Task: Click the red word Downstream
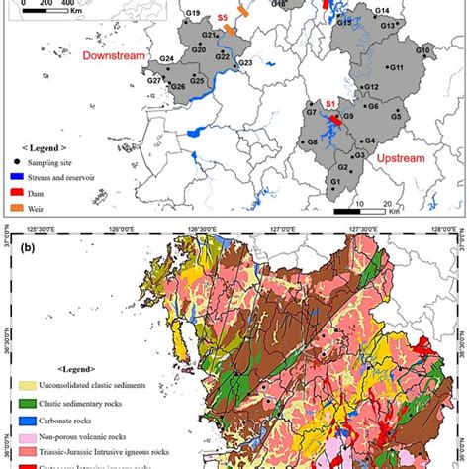[x=114, y=56]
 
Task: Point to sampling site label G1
[x=335, y=182]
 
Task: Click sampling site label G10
[x=423, y=50]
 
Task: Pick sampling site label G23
[x=245, y=63]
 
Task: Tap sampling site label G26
[x=178, y=87]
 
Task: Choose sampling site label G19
[x=193, y=14]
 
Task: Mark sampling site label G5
[x=395, y=117]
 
